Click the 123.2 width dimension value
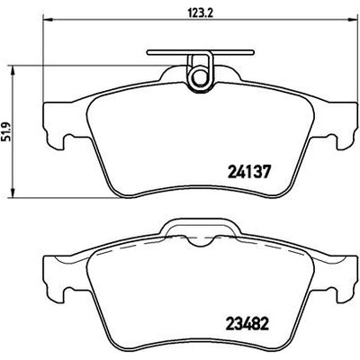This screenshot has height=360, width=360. tap(200, 13)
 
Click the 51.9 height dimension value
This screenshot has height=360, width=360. tap(6, 131)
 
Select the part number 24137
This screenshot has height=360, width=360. tap(249, 172)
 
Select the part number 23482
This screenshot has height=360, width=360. tap(246, 322)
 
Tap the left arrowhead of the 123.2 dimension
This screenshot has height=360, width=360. tap(49, 20)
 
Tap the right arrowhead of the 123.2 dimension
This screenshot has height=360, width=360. tap(353, 20)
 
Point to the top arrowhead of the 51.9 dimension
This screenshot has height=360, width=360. tap(13, 71)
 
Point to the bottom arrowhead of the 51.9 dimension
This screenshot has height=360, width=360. tap(13, 193)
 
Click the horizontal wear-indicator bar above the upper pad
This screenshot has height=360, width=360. tap(201, 52)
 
